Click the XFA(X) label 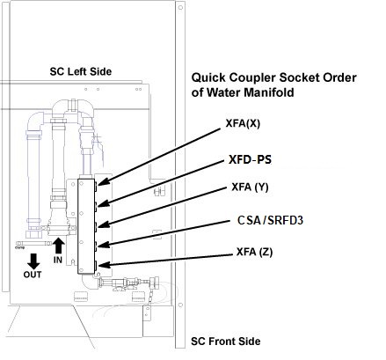click(243, 123)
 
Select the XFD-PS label click(250, 159)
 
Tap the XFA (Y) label click(250, 187)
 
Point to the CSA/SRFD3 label click(270, 220)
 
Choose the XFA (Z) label click(254, 252)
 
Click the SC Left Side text click(81, 71)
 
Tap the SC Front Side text click(226, 342)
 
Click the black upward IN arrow click(59, 246)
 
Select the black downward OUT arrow click(34, 261)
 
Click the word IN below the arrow click(58, 260)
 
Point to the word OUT click(33, 275)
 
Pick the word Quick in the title click(208, 77)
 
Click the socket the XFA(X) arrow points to click(96, 184)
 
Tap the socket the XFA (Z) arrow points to click(96, 266)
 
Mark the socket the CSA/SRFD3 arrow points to click(96, 246)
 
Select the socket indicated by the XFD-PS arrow click(96, 205)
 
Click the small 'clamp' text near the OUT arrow click(19, 248)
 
